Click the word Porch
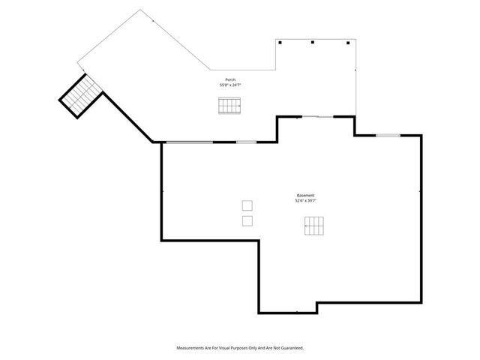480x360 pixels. [230, 80]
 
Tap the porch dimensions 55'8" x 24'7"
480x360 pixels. [230, 85]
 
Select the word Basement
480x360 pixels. [306, 196]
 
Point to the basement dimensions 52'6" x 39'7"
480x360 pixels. [306, 201]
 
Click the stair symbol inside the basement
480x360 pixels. [315, 226]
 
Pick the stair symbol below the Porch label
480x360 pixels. [230, 106]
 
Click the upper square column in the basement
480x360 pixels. [247, 205]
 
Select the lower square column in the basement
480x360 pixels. [247, 220]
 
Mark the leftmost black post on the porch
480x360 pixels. [280, 43]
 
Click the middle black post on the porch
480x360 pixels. [313, 43]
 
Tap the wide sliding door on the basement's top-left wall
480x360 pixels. [189, 142]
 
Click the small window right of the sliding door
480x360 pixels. [247, 142]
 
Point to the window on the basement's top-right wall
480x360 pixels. [388, 135]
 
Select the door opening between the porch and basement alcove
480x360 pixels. [316, 116]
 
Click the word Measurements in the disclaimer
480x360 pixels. [190, 348]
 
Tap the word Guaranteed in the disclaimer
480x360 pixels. [292, 348]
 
